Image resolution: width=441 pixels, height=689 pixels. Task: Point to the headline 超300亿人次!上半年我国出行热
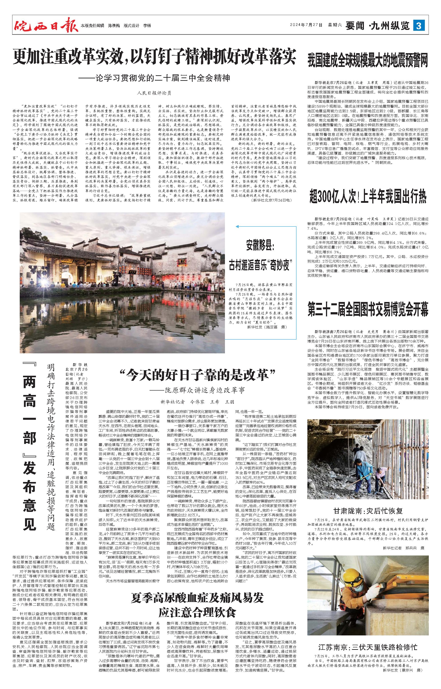368,197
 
